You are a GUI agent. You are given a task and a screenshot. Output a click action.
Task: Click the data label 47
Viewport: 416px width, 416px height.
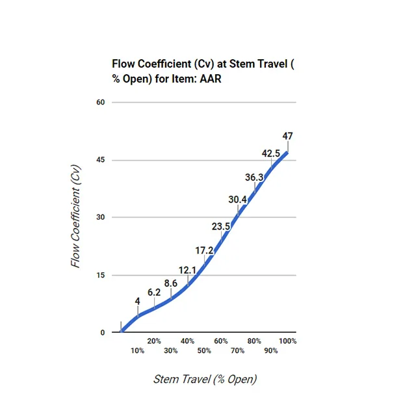coord(287,136)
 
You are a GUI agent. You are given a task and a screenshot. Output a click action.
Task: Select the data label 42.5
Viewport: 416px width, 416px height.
coord(271,153)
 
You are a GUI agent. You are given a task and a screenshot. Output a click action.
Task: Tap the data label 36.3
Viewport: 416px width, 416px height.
coord(254,177)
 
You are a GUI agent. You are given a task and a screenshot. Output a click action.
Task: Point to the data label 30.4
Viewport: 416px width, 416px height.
coord(237,200)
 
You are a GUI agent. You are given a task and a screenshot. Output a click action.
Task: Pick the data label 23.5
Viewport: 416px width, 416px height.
coord(221,226)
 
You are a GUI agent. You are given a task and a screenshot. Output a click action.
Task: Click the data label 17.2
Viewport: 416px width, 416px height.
coord(204,250)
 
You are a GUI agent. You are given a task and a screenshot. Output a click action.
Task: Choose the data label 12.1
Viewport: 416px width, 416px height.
coord(187,270)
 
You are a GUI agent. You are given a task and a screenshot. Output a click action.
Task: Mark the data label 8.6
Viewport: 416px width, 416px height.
coord(170,283)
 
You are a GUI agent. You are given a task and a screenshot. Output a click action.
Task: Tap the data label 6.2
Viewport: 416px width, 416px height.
coord(154,292)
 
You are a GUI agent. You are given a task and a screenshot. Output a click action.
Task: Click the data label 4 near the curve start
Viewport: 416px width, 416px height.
coord(137,301)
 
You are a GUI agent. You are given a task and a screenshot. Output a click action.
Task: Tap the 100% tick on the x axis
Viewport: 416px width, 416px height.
coord(288,341)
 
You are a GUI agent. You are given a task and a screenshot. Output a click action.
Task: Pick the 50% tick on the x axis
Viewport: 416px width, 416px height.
coord(204,351)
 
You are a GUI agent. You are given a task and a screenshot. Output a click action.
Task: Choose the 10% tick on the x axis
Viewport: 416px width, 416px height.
coord(137,351)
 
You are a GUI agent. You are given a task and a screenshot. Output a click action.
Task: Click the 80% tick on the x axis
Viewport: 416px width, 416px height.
coord(254,341)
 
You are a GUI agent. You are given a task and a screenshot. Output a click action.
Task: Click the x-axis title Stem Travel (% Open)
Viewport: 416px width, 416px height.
coord(205,379)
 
